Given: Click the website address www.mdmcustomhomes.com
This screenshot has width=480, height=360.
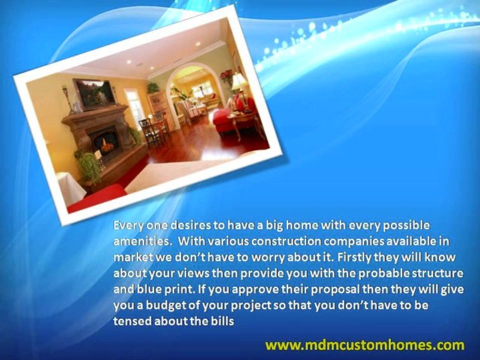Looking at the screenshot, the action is point(365,345).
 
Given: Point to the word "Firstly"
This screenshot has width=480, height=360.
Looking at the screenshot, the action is point(354,257).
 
